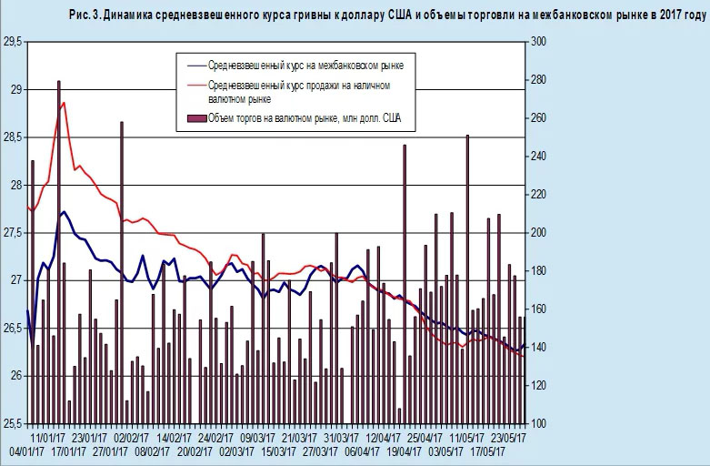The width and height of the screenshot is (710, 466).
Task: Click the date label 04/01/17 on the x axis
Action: (23, 451)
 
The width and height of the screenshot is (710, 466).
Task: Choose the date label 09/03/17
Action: (259, 437)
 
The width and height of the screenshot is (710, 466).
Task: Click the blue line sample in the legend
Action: (193, 66)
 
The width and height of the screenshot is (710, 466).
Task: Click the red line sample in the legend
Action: (193, 86)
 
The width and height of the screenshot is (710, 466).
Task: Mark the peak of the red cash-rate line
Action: (63, 103)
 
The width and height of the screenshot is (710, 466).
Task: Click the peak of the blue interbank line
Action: (64, 212)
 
